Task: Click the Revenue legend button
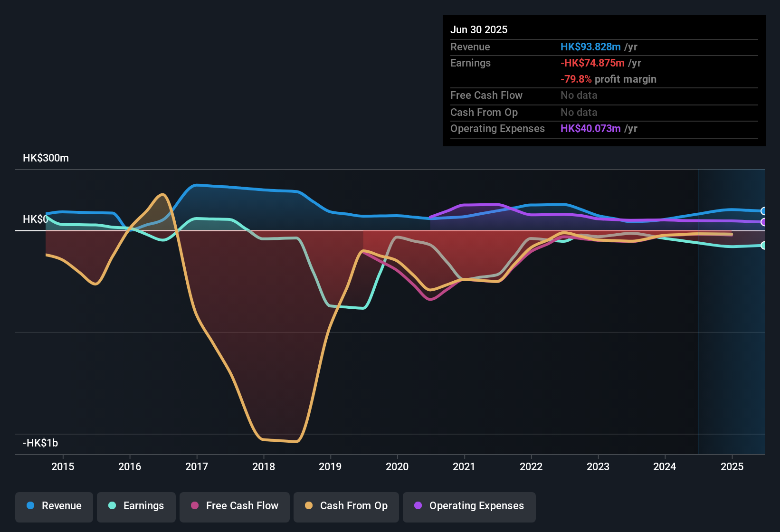coord(54,506)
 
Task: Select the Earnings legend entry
coord(136,506)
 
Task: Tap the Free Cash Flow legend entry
coord(235,506)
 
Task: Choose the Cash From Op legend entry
coord(346,506)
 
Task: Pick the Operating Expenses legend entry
coord(469,506)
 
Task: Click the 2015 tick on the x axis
coord(63,466)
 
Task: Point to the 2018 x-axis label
coord(264,466)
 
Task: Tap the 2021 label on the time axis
coord(464,466)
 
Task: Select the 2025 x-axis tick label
coord(732,466)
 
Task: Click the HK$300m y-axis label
coord(46,158)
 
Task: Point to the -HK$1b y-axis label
coord(40,443)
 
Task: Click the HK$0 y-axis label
coord(35,219)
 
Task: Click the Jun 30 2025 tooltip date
coord(479,30)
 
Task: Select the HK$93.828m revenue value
coord(590,47)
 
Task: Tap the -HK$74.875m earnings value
coord(592,63)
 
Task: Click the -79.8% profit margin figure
coord(576,79)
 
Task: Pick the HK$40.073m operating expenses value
coord(590,129)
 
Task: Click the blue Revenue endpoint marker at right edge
coord(763,211)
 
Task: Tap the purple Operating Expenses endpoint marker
coord(763,222)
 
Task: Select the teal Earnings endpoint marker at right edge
coord(763,245)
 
